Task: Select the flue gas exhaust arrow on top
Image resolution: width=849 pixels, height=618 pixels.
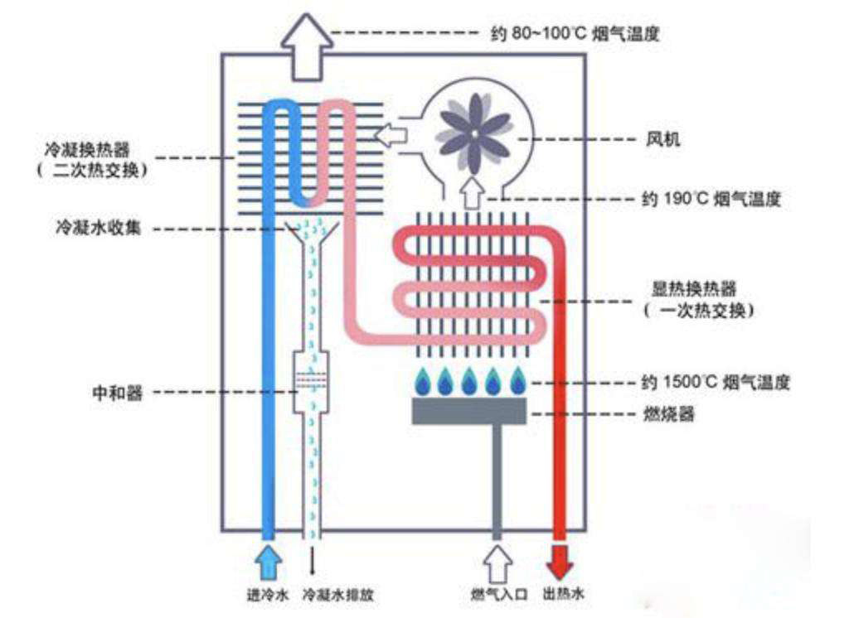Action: (x=306, y=47)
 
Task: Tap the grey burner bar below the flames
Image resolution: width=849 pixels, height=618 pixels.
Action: (x=469, y=412)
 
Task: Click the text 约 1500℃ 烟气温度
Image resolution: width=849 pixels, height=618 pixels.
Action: (x=716, y=383)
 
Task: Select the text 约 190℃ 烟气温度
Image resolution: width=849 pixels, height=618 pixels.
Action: (x=712, y=200)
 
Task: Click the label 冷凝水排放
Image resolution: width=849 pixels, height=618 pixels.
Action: (x=337, y=595)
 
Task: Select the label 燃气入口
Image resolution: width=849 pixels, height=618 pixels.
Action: (x=493, y=595)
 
